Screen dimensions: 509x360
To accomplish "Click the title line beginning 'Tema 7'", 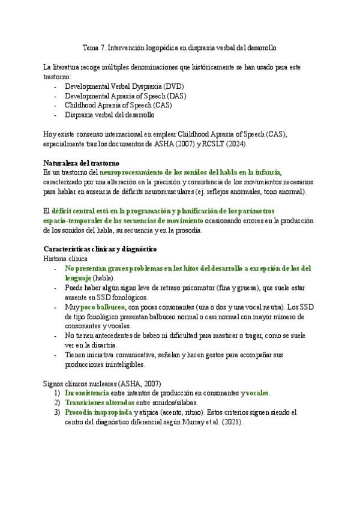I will click(x=179, y=47).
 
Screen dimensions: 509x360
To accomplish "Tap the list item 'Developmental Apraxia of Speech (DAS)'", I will click(x=116, y=95).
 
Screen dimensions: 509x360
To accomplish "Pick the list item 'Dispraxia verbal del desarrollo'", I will click(x=109, y=114).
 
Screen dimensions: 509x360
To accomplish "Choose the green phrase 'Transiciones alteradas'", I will click(x=100, y=403).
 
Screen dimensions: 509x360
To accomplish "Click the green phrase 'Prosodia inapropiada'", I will click(x=97, y=412).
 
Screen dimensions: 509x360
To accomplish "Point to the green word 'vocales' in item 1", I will click(x=257, y=393).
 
